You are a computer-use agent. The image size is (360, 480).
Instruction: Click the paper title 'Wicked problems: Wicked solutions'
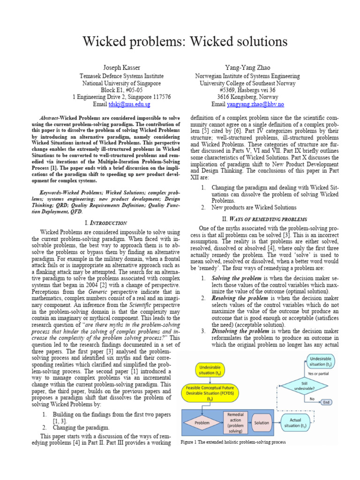click(185, 42)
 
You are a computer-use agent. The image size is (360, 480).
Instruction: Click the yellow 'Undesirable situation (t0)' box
click(206, 370)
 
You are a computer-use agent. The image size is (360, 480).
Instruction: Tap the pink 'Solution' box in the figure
click(262, 423)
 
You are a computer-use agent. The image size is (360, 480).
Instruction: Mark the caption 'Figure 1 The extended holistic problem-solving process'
click(233, 442)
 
